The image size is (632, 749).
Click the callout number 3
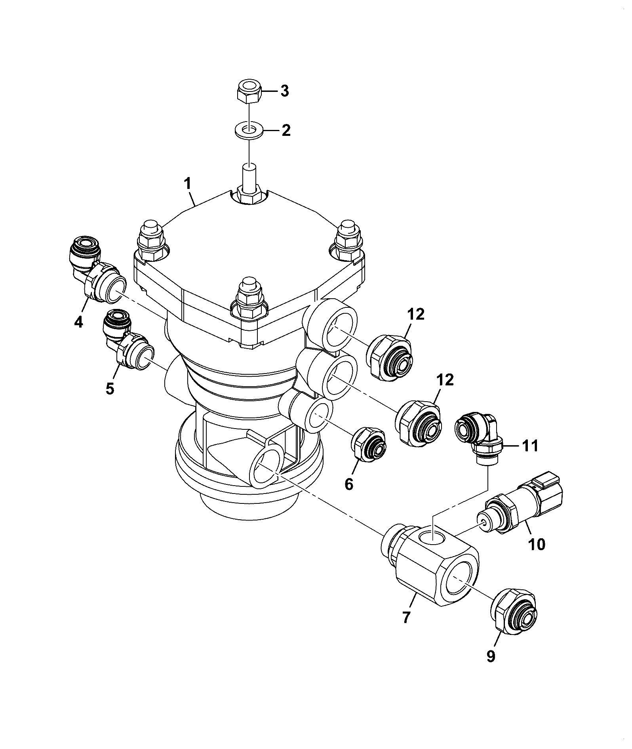285,91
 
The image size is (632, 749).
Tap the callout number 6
349,484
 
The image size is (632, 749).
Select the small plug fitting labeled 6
368,445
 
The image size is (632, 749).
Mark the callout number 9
491,656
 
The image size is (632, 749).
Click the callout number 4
78,322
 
